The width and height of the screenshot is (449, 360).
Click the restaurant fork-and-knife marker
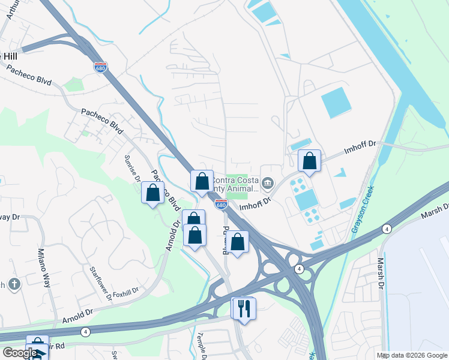245,308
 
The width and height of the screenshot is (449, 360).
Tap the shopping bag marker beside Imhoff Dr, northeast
310,161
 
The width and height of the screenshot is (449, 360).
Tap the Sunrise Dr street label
133,169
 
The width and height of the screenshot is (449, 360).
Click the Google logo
19,353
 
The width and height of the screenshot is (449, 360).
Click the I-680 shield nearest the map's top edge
100,67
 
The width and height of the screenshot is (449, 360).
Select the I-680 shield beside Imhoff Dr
221,205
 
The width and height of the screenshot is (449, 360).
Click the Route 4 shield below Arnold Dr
86,332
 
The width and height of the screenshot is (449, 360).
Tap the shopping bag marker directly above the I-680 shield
202,181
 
